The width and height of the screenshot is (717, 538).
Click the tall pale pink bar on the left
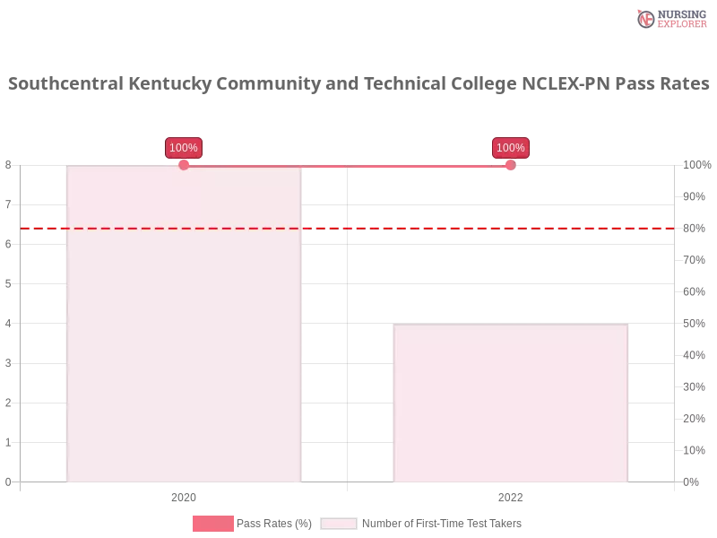[184, 323]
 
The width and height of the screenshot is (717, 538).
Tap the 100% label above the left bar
[184, 148]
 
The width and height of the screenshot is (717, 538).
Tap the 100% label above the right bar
[511, 148]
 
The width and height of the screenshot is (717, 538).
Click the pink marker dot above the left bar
[184, 165]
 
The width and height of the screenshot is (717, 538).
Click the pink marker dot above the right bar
[510, 165]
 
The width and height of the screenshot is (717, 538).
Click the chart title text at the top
[358, 84]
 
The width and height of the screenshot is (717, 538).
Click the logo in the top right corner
[670, 18]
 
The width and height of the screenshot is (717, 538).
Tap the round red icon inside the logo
[645, 19]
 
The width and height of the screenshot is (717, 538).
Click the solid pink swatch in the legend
[212, 524]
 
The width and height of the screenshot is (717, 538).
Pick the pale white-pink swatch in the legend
[339, 524]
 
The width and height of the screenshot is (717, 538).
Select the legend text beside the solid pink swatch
[277, 524]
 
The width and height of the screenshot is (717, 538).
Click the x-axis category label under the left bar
[183, 495]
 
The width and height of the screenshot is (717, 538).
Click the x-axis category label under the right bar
[509, 495]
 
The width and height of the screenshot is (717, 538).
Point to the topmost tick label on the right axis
[696, 165]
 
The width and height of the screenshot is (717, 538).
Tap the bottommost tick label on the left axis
[8, 481]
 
